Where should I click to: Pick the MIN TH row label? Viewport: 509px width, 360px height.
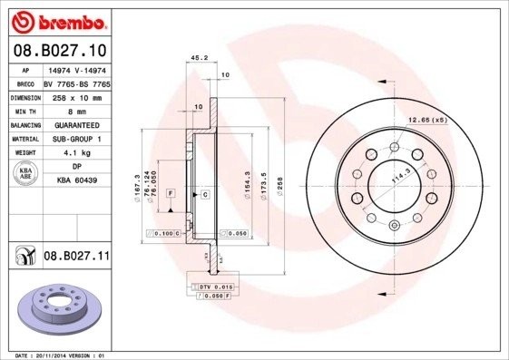(24, 110)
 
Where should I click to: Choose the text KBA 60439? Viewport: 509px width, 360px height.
(75, 180)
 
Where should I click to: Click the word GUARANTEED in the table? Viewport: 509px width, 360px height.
(75, 124)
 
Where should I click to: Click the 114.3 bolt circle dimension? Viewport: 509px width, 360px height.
(397, 176)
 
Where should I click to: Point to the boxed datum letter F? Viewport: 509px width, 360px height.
(170, 194)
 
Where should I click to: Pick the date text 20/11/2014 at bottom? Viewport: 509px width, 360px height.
(52, 355)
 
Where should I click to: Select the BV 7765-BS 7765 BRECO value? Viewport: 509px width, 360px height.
(75, 82)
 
